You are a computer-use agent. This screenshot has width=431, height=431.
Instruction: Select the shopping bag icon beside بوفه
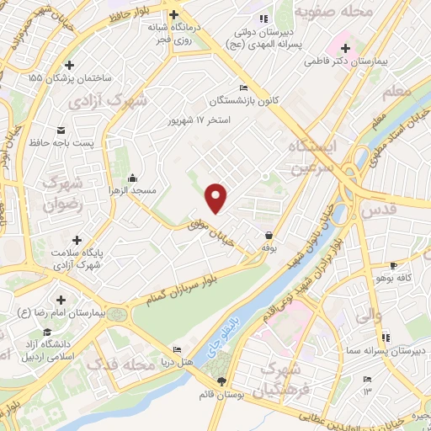click(x=269, y=235)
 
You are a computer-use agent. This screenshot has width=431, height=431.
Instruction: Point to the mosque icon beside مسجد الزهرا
click(x=134, y=178)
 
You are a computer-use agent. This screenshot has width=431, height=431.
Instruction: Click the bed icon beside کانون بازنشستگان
click(x=243, y=88)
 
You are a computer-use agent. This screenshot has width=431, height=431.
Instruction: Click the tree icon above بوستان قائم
click(x=221, y=381)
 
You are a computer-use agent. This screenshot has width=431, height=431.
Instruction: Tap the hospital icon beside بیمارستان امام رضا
click(x=61, y=301)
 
